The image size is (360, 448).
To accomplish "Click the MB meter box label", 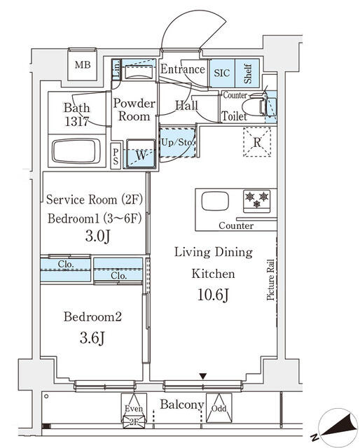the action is [x=83, y=64].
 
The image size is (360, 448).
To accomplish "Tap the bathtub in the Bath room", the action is [x=76, y=151].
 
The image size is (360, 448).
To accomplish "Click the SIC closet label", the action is [x=222, y=73].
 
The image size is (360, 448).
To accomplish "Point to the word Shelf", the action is [x=248, y=73].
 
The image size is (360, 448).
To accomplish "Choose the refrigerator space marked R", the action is [x=257, y=142].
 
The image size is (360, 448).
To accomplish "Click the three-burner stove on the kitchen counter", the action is [x=256, y=202].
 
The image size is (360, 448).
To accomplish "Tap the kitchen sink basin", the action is [x=215, y=201].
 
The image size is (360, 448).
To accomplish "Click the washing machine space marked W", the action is [x=141, y=154].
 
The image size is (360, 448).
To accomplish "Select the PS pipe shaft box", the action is [x=116, y=155].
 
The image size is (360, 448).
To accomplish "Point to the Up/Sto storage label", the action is [x=177, y=142].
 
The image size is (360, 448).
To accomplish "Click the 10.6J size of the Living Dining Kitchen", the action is [x=213, y=295].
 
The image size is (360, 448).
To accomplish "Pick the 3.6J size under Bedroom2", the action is [x=92, y=338].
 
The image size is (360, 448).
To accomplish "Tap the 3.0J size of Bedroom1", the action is [x=97, y=237].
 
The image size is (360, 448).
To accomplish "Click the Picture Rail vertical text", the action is [x=270, y=280].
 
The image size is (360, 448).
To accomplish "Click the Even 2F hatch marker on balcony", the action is [x=134, y=411].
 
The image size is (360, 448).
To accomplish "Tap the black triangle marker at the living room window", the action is [x=202, y=377].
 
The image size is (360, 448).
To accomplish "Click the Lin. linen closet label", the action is [x=116, y=70].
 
